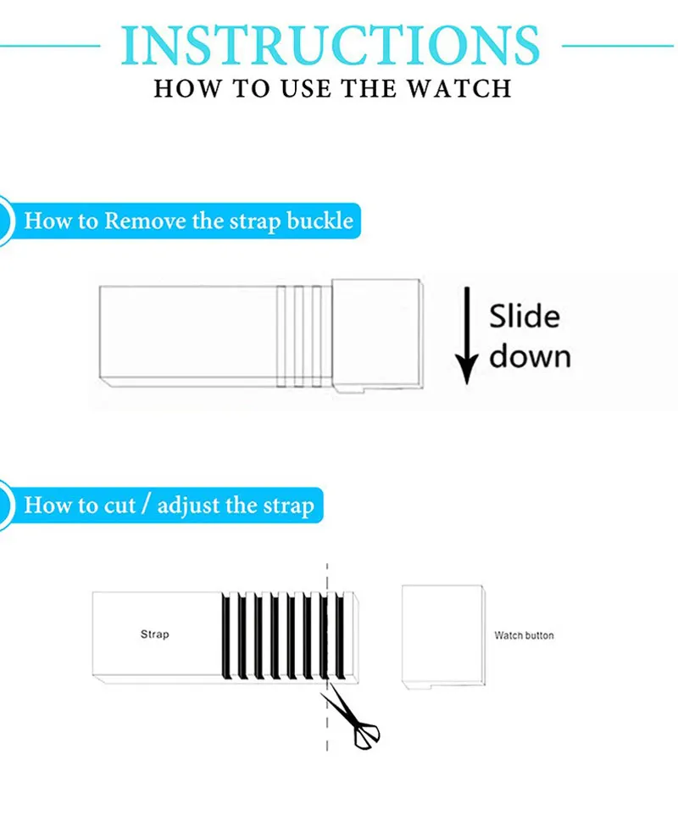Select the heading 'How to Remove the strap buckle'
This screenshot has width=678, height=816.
pyautogui.click(x=188, y=222)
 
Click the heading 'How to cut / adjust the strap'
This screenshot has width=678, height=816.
pyautogui.click(x=169, y=506)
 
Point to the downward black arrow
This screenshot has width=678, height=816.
pyautogui.click(x=465, y=336)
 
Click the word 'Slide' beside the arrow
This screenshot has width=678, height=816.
pyautogui.click(x=525, y=316)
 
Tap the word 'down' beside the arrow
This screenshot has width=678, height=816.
pyautogui.click(x=530, y=355)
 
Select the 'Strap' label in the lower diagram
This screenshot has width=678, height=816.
pyautogui.click(x=154, y=634)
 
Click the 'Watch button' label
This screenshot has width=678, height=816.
pyautogui.click(x=524, y=635)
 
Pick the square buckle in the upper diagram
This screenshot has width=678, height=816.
pyautogui.click(x=375, y=334)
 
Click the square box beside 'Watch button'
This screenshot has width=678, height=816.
pyautogui.click(x=442, y=634)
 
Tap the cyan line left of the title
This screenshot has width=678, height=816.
pyautogui.click(x=51, y=45)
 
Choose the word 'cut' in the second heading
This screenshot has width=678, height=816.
pyautogui.click(x=119, y=506)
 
